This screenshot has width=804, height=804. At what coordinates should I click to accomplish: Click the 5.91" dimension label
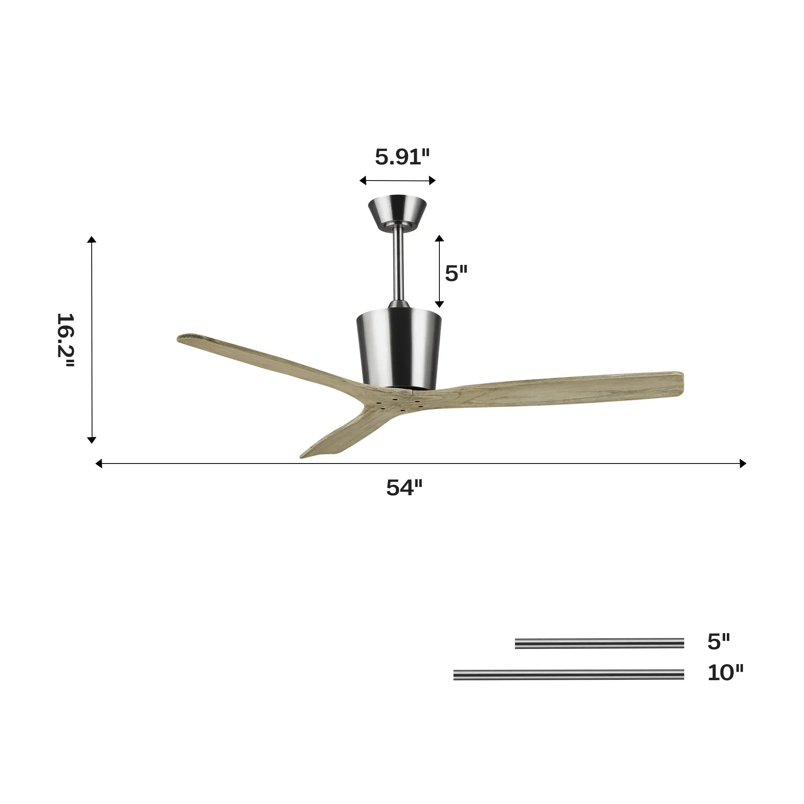click(x=402, y=157)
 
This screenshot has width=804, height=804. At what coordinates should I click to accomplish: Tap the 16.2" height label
click(x=66, y=340)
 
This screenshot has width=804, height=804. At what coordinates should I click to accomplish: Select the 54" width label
click(x=404, y=487)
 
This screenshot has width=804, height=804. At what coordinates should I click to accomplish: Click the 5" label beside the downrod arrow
click(x=456, y=273)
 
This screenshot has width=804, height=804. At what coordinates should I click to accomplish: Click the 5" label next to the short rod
click(x=719, y=642)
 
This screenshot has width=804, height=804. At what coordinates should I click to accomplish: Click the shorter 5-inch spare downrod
click(x=599, y=643)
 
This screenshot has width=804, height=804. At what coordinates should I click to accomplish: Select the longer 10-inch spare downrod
click(x=568, y=675)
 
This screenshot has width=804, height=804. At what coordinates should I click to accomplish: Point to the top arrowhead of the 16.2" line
click(x=92, y=239)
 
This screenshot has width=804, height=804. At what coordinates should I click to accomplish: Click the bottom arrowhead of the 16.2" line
click(x=92, y=440)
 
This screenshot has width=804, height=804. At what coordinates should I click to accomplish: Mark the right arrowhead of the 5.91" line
click(x=433, y=180)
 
